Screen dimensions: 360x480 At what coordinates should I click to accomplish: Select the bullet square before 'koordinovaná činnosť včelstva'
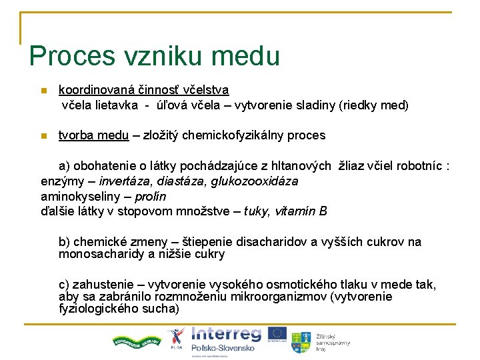(x=43, y=91)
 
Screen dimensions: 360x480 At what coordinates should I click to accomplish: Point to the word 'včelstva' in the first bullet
(x=205, y=89)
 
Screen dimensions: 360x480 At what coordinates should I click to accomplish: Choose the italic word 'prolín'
(x=150, y=197)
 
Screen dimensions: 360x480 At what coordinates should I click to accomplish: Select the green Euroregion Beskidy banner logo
(x=135, y=340)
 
